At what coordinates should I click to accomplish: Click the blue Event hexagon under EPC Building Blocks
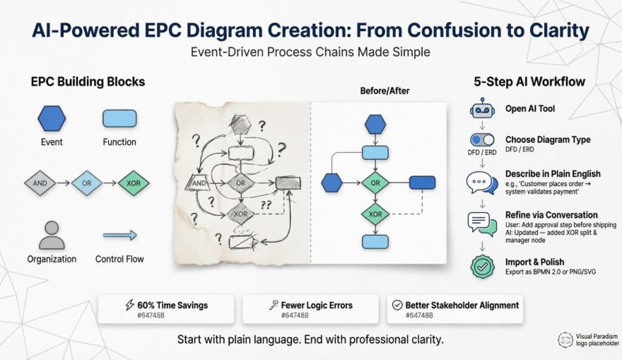52,118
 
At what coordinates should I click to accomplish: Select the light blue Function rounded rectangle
119,118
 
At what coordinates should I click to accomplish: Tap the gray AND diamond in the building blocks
40,182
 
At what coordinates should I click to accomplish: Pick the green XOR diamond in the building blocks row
134,182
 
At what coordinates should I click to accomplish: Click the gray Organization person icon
51,235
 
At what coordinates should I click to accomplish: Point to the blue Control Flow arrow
119,236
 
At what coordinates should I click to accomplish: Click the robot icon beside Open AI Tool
482,110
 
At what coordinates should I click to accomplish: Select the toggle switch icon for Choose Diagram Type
482,140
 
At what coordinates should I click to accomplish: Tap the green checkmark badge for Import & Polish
482,267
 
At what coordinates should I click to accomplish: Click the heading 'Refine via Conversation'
551,215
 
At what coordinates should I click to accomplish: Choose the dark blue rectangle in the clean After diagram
422,182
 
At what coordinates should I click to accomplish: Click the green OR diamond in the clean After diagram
375,182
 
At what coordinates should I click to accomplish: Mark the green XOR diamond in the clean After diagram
375,214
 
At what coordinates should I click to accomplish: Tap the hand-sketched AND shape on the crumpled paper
198,183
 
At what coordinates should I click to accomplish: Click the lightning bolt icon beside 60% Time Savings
129,305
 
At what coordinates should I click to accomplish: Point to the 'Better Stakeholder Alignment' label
462,305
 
